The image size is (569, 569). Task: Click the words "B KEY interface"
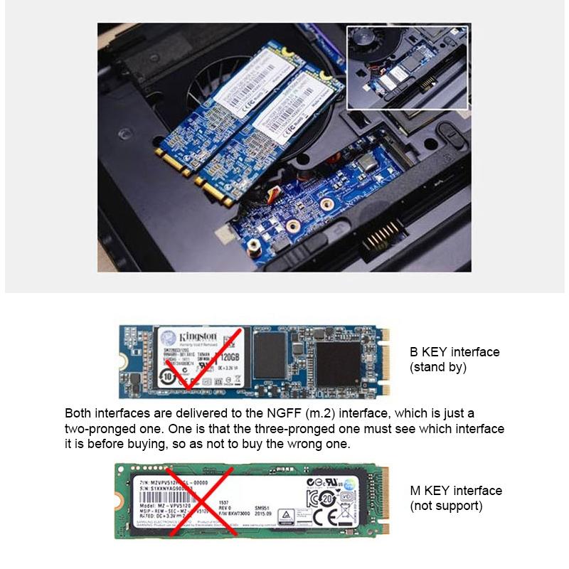[454, 352]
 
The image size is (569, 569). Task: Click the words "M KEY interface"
[456, 491]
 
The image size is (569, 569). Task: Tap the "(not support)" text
[446, 506]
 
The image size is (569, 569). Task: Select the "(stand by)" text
[437, 368]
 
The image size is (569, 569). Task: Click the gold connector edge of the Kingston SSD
[386, 359]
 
